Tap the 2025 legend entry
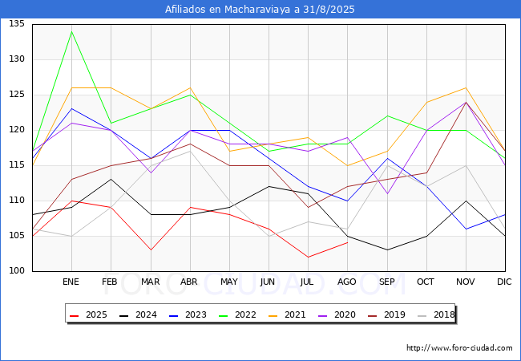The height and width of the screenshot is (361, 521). [88, 314]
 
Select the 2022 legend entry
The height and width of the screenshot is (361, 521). [237, 314]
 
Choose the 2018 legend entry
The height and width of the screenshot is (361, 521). [436, 314]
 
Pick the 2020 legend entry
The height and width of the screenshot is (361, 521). [337, 314]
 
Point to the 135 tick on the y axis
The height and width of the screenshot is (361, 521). [17, 23]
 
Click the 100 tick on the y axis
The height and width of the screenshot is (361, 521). [17, 271]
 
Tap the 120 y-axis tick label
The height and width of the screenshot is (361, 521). [17, 130]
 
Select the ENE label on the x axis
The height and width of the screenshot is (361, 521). [71, 282]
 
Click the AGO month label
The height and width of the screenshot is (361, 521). [347, 282]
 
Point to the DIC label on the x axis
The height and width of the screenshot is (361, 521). [504, 282]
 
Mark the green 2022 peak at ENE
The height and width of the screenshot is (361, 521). [72, 31]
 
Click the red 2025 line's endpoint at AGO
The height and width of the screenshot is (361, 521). [348, 242]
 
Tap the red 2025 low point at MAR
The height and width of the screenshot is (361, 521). [151, 250]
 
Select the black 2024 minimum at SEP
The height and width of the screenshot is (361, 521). [387, 250]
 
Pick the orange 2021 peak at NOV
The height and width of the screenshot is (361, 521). [466, 87]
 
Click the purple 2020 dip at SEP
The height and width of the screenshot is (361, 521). [387, 193]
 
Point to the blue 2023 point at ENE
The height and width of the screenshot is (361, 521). [72, 108]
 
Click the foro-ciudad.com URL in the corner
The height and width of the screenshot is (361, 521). [459, 348]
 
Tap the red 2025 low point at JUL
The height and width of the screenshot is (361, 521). [309, 257]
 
